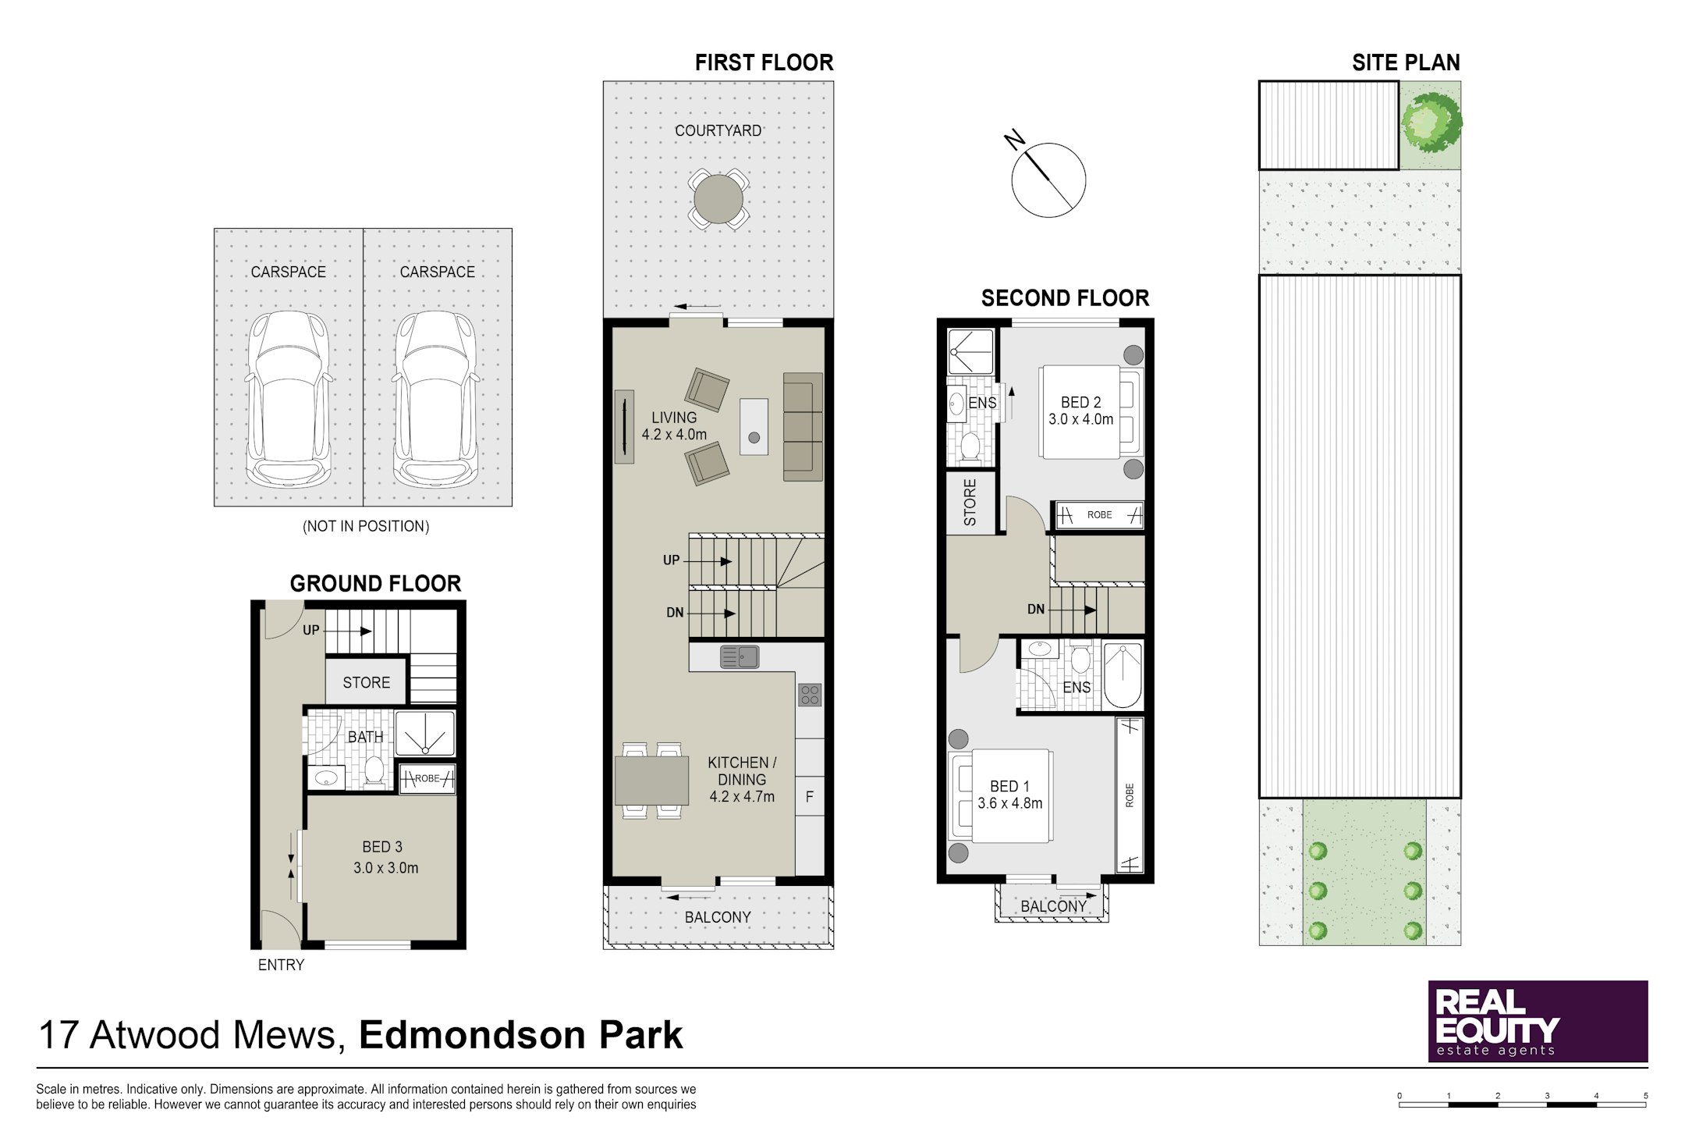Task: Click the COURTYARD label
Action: coord(718,130)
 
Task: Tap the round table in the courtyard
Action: coord(718,199)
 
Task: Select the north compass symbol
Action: coord(1048,179)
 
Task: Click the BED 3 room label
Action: coord(382,846)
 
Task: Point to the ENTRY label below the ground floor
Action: coord(281,965)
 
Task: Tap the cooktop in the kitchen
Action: coord(810,695)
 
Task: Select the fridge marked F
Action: coord(810,797)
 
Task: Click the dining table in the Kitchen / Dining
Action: coord(651,781)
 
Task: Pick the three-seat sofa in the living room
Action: coord(803,426)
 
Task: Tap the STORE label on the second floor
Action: coord(970,502)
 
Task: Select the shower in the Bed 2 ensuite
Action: coord(970,351)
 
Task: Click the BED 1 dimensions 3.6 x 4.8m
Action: coord(1010,803)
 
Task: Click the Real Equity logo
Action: coord(1538,1021)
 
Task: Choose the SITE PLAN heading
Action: coord(1406,62)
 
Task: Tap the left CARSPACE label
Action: coord(288,272)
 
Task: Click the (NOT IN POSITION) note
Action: coord(366,526)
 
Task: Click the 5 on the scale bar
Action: coord(1646,1096)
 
